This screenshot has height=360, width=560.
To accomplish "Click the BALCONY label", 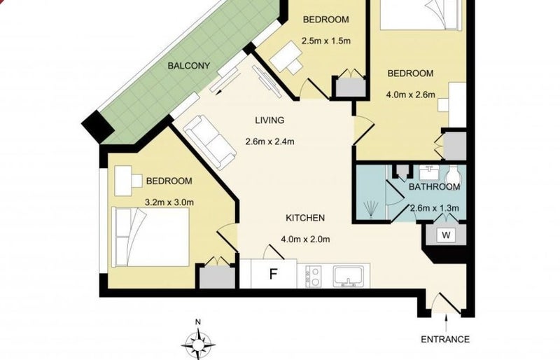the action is pos(188,66).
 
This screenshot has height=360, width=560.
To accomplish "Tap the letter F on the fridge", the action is pos(273,274).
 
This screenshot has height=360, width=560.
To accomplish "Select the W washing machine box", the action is pos(446,235).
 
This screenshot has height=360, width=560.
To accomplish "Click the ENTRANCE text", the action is pos(445,339).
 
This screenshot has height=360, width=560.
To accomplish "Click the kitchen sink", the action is pos(348,276).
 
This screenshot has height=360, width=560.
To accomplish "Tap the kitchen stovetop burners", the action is pos(313,277).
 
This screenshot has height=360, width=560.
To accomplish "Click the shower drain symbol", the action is pos(371,209).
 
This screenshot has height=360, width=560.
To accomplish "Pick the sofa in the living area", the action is pos(210,142).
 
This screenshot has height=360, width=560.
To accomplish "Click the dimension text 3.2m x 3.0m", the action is pos(169,202).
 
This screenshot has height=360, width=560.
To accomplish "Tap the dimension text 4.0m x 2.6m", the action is pos(411,95).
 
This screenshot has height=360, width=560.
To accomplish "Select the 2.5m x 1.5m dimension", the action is pos(326,41).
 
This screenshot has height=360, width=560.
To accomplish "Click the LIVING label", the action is pos(269,120).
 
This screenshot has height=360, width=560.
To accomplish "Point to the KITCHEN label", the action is pos(305,218).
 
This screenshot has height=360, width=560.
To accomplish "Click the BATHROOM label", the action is pos(434,187).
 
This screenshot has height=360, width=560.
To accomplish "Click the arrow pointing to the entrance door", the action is pos(446,323).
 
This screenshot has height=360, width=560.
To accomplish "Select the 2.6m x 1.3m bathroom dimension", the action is pos(434,208).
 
